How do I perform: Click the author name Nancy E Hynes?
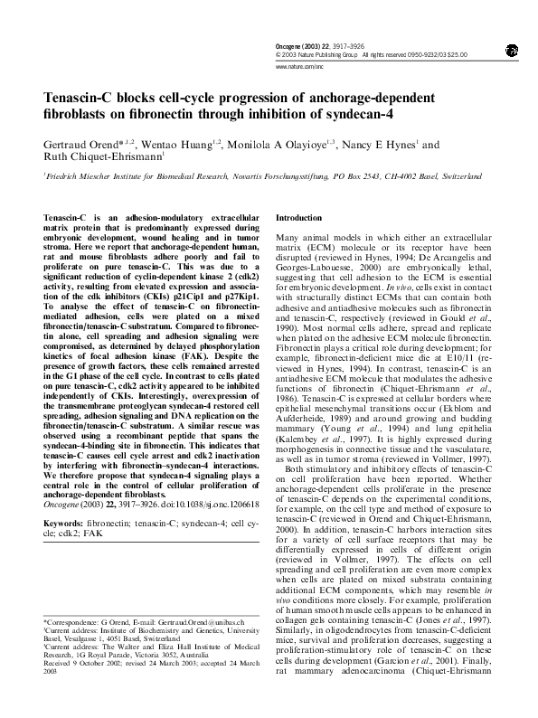377,145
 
